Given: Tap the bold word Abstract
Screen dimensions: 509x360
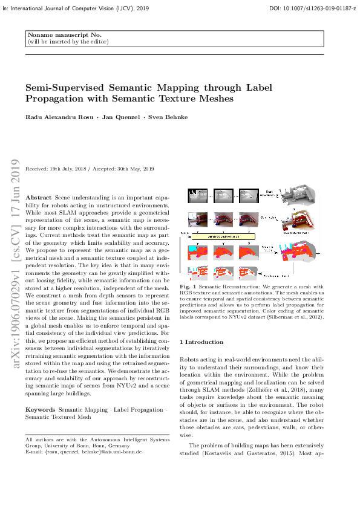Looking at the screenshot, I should pos(38,198).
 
